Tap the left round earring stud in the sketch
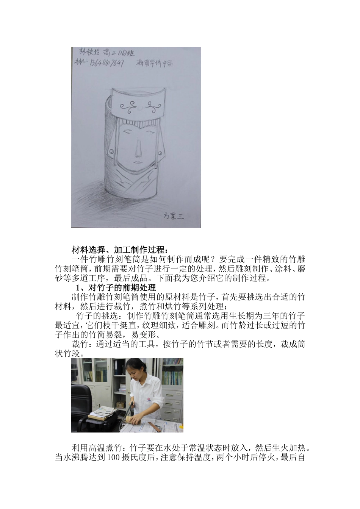[x=111, y=152]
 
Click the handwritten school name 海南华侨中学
[x=154, y=64]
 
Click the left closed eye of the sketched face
[x=128, y=133]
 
